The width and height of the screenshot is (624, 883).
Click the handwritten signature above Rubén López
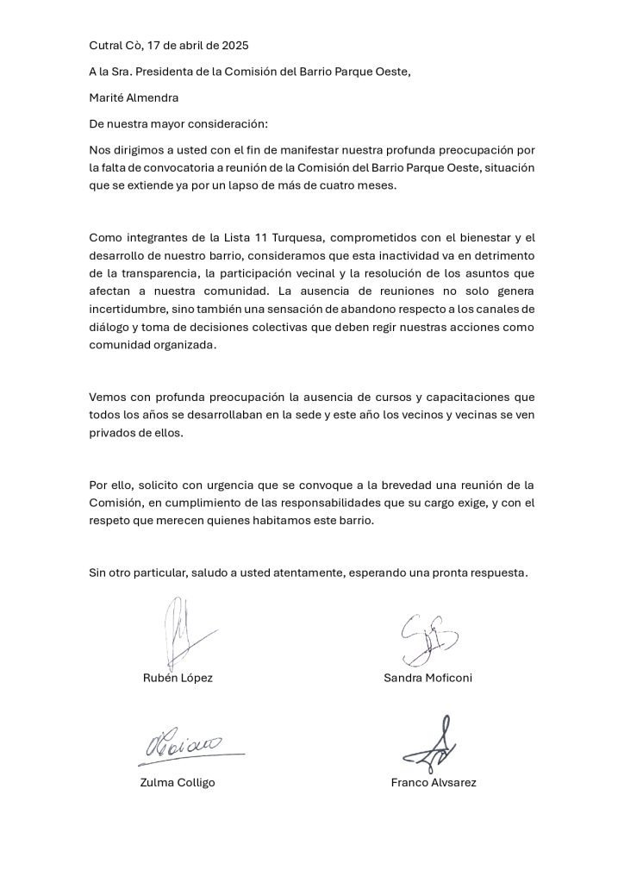pyautogui.click(x=185, y=634)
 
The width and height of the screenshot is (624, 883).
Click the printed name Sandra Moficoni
pyautogui.click(x=427, y=678)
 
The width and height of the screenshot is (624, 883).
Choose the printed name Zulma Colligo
pyautogui.click(x=178, y=783)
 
